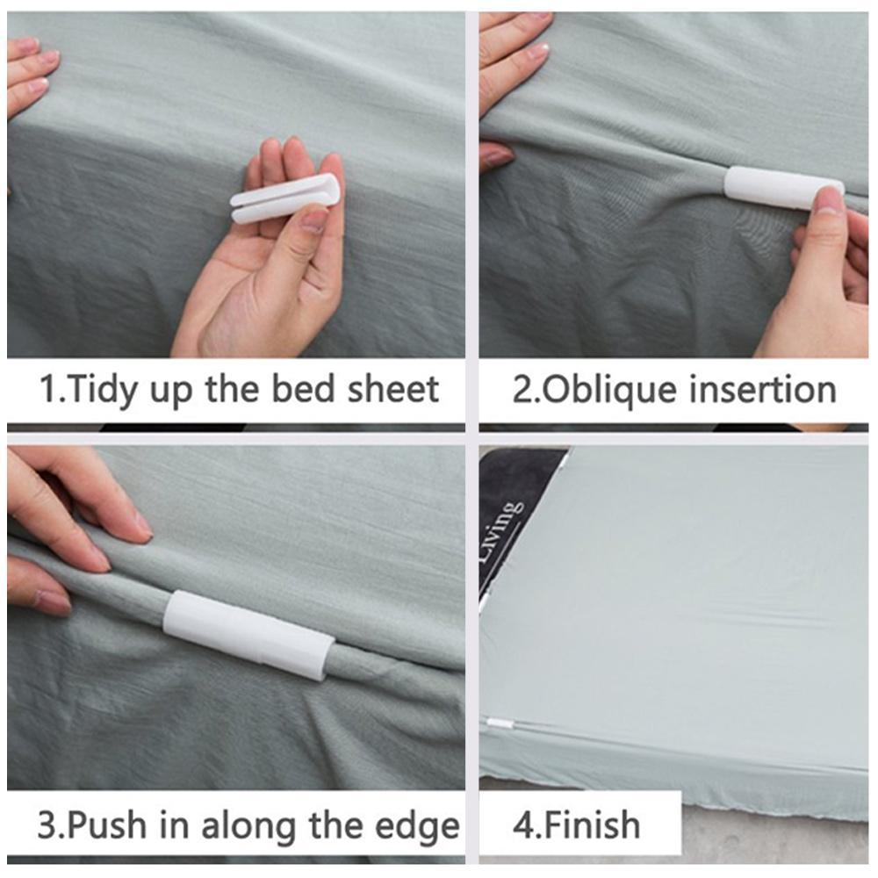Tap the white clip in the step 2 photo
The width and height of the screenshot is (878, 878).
click(784, 188)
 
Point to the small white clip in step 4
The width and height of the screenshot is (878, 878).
click(499, 723)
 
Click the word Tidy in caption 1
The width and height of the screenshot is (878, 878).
click(103, 390)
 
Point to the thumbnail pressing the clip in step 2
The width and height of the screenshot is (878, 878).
click(829, 201)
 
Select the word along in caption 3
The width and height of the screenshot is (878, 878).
click(248, 825)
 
